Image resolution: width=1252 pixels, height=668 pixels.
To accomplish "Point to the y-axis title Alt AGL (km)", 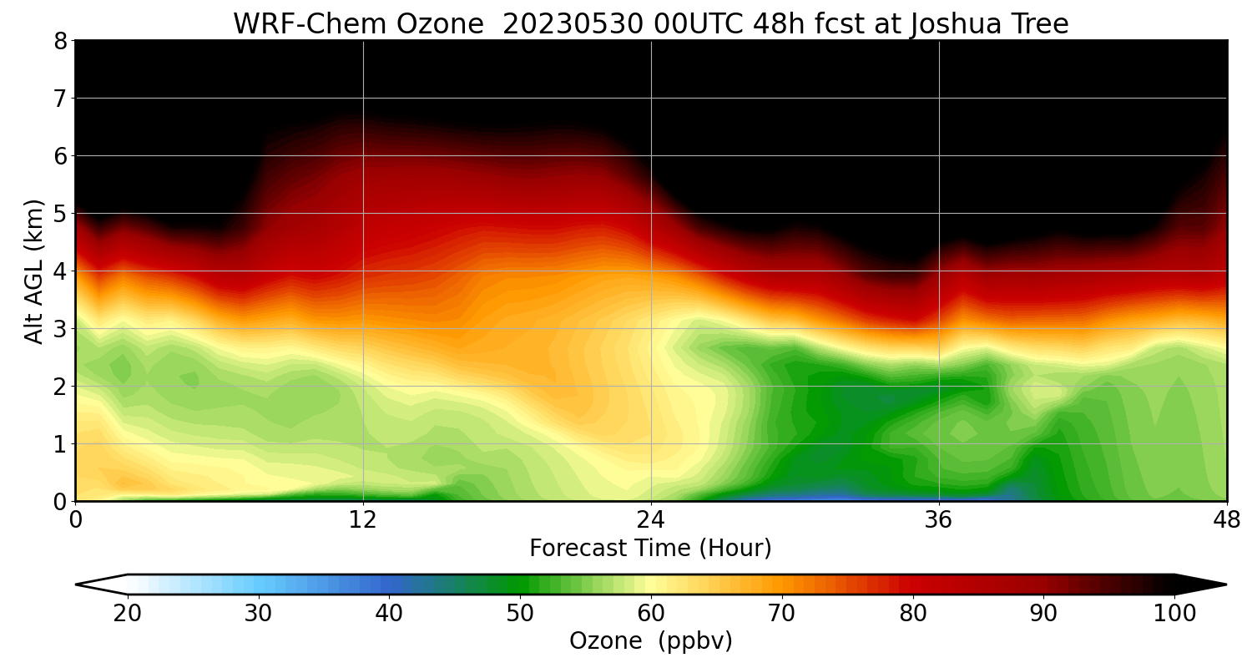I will tap(34, 271).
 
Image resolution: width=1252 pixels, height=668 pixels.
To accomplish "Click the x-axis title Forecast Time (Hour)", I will tap(650, 549).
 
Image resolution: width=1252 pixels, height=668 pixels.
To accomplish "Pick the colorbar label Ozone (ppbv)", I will tap(650, 641).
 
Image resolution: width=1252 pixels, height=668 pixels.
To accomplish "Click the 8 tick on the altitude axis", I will tap(60, 40).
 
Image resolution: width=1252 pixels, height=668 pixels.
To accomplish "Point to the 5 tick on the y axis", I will tap(60, 213).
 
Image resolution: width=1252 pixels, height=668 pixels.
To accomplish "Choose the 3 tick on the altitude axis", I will tap(60, 328).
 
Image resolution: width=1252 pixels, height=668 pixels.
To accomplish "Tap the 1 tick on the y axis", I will tap(60, 443).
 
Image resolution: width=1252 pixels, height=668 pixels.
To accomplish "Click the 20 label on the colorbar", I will tap(128, 614).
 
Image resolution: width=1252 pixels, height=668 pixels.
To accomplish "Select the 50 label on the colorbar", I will tap(520, 614).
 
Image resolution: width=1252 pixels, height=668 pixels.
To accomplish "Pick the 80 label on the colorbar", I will tap(912, 614).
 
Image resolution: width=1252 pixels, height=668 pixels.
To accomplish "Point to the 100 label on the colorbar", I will tap(1174, 614).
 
